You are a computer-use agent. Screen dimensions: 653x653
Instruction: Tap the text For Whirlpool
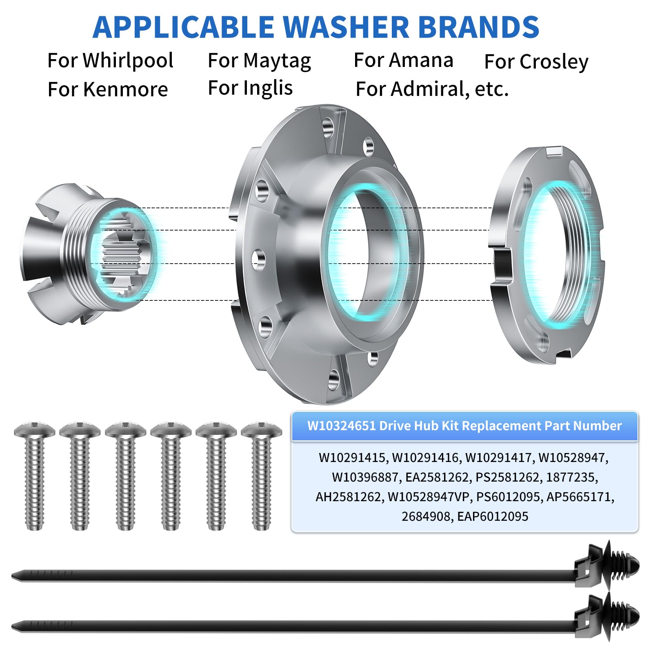point(110,60)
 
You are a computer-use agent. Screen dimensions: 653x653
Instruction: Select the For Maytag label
point(259,61)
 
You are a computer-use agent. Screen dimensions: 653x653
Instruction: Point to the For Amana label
point(403,60)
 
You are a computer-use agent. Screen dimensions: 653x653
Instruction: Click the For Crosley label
point(536,62)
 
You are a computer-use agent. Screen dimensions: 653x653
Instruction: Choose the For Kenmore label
point(108,89)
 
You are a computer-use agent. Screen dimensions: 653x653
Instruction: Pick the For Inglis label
point(250,88)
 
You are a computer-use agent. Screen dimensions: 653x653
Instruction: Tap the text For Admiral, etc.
point(432,89)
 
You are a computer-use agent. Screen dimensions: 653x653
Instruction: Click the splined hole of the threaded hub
point(122,255)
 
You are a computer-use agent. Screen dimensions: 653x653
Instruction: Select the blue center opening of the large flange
point(359,253)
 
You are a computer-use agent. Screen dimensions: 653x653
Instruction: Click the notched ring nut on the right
point(547,255)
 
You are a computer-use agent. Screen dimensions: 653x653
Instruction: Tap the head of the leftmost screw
point(34,431)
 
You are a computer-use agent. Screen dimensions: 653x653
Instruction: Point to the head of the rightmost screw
point(261,431)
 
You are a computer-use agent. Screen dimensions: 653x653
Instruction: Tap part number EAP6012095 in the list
point(493,517)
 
